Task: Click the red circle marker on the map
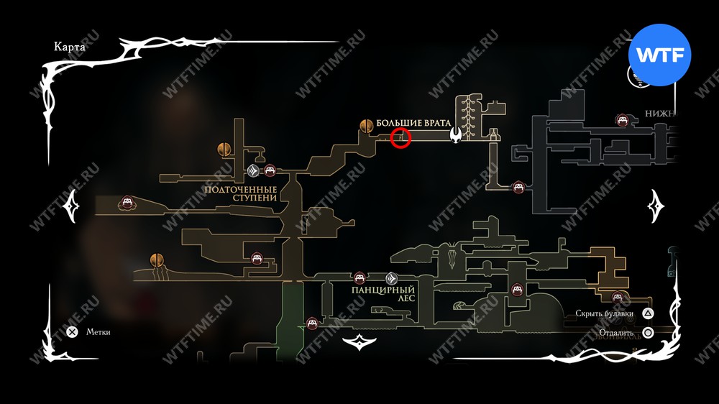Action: coord(400,138)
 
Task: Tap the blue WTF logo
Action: coord(659,55)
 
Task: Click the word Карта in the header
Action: coord(70,47)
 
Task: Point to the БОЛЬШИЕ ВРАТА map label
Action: coord(413,124)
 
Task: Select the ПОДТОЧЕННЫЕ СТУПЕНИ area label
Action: coord(240,193)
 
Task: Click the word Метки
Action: coord(99,332)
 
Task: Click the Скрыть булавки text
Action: coord(604,313)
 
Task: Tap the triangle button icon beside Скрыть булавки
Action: coord(648,313)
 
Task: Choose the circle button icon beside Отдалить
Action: coord(648,333)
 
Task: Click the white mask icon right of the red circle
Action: coord(456,134)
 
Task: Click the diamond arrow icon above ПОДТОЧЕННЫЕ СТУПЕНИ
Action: coord(254,170)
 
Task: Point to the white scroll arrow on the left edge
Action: coord(74,207)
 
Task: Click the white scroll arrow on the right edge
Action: coord(656,207)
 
